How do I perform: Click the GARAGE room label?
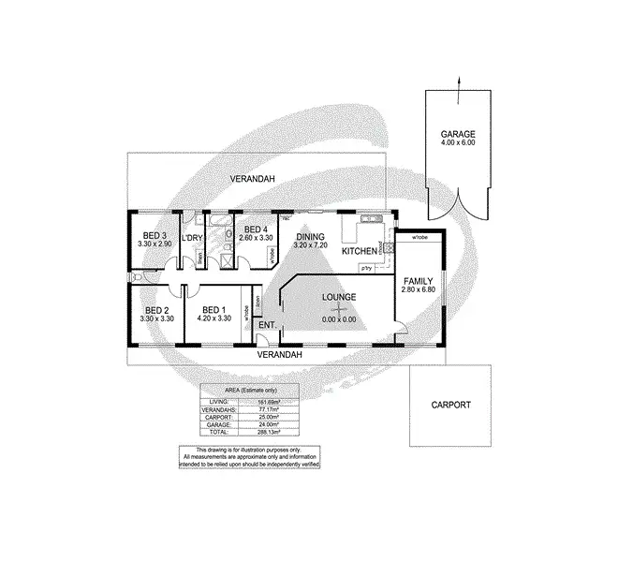(459, 134)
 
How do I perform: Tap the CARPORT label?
(450, 406)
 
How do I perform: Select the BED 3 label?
(154, 235)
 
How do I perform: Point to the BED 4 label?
(256, 230)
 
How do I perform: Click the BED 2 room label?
(155, 310)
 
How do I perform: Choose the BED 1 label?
(214, 310)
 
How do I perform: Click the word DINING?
(309, 236)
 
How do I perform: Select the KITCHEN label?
(358, 252)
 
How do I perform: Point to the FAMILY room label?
(419, 281)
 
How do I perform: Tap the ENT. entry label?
(267, 325)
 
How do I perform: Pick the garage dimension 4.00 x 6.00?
(459, 143)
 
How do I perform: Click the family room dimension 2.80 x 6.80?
(419, 290)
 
